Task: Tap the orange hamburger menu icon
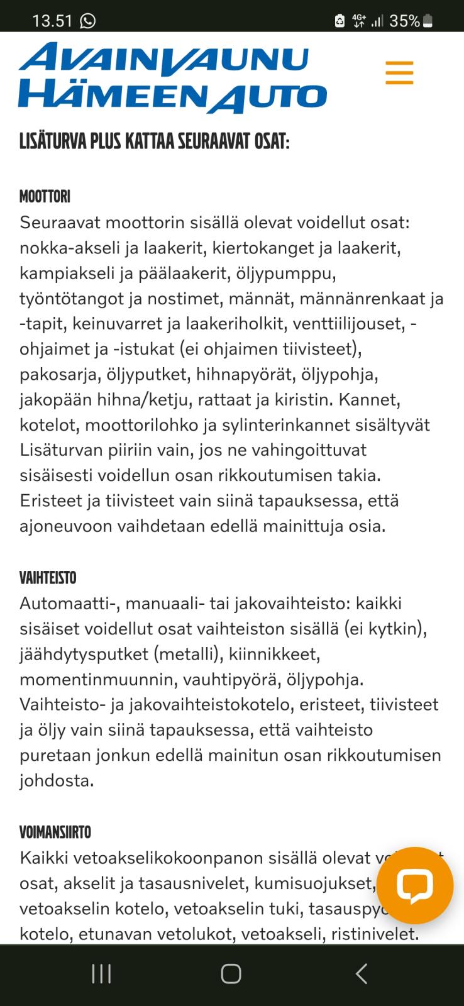pyautogui.click(x=399, y=73)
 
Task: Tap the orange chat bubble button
pyautogui.click(x=414, y=885)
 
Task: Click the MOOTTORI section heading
pyautogui.click(x=45, y=197)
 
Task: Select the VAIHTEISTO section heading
pyautogui.click(x=48, y=578)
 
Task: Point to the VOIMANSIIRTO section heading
pyautogui.click(x=55, y=832)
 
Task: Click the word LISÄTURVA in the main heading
pyautogui.click(x=53, y=141)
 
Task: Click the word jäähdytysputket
pyautogui.click(x=84, y=654)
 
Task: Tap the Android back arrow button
pyautogui.click(x=361, y=974)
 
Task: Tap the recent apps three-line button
pyautogui.click(x=101, y=974)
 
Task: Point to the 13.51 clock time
pyautogui.click(x=52, y=21)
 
